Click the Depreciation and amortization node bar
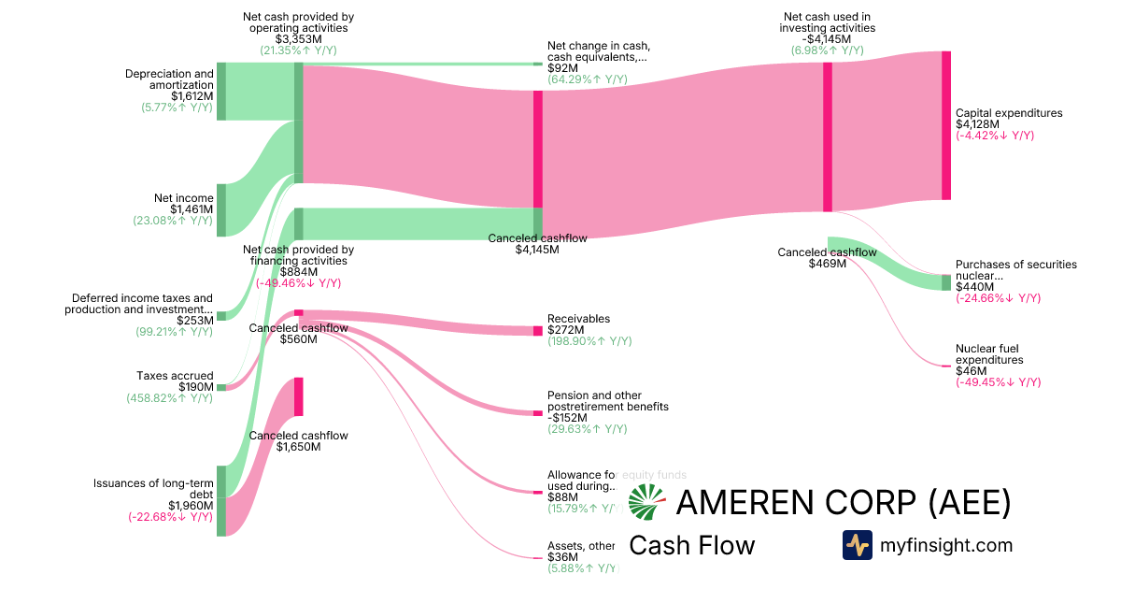[x=221, y=92]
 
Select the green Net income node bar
[x=221, y=210]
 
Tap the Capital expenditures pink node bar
[x=945, y=125]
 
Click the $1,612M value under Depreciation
[x=192, y=96]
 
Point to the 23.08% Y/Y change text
[x=173, y=221]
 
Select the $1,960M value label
[x=191, y=506]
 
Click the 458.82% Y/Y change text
[x=170, y=398]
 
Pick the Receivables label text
[x=578, y=319]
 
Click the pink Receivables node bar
[x=537, y=331]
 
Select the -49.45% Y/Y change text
[x=998, y=382]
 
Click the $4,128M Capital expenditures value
[x=977, y=124]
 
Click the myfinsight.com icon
[x=857, y=545]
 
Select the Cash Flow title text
[x=691, y=545]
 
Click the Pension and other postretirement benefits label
[x=607, y=401]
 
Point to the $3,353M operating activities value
[x=298, y=39]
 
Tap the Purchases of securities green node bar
[x=945, y=282]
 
